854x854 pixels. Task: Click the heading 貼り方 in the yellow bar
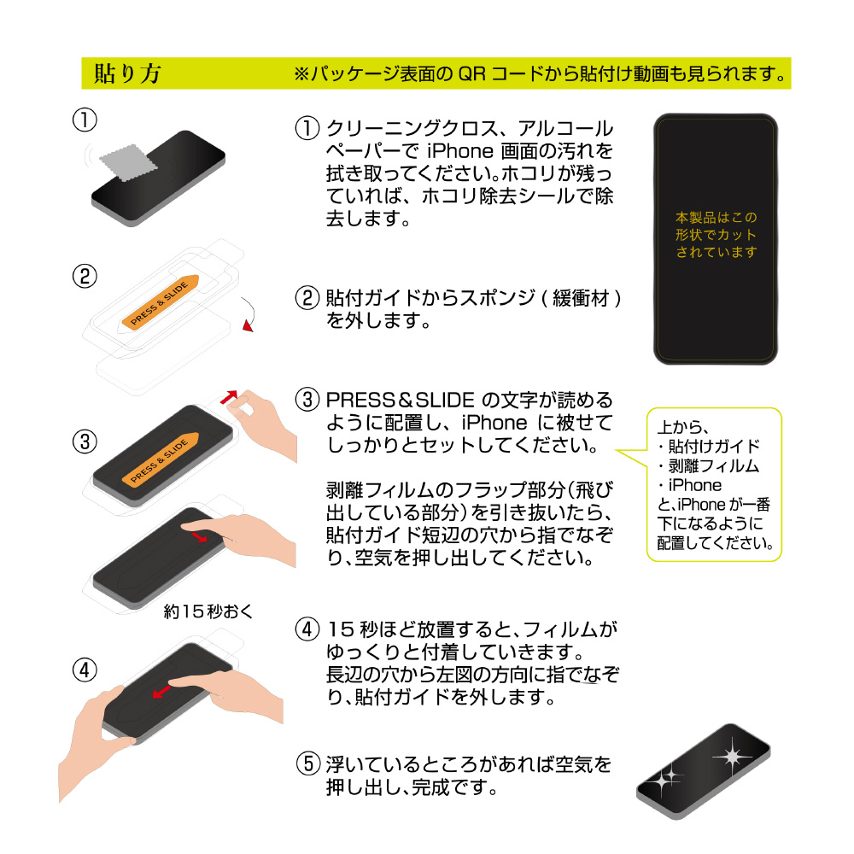[x=127, y=73]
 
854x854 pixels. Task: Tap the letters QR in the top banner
[x=471, y=73]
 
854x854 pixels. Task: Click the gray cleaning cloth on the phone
[x=128, y=162]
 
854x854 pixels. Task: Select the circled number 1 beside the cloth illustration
[x=85, y=120]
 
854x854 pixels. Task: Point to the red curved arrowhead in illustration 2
[x=249, y=325]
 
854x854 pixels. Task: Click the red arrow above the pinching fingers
[x=229, y=397]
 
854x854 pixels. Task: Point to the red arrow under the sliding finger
[x=200, y=536]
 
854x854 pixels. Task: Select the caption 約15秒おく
[x=208, y=611]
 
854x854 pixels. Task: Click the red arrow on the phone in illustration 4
[x=161, y=692]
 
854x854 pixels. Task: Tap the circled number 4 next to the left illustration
[x=85, y=670]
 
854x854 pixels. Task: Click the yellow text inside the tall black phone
[x=717, y=235]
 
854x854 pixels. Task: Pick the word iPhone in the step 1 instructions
[x=460, y=151]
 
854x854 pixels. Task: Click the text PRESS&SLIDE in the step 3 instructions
[x=401, y=401]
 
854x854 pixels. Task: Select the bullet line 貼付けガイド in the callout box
[x=709, y=447]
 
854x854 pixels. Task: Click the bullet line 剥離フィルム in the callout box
[x=709, y=466]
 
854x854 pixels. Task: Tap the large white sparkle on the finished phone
[x=733, y=757]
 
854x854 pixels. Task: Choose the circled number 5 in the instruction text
[x=307, y=763]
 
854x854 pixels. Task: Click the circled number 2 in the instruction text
[x=307, y=298]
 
